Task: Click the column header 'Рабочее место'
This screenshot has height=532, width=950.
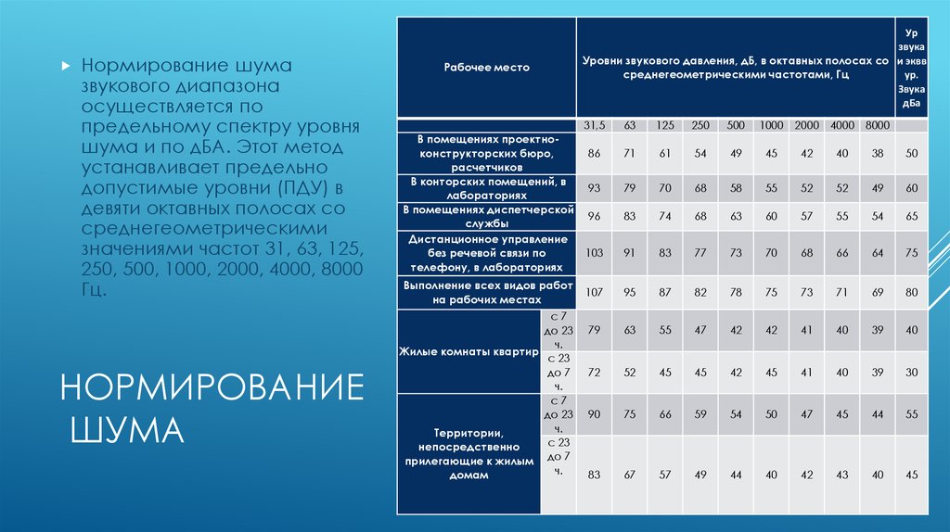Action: click(x=486, y=67)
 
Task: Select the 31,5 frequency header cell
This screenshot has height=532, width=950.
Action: click(x=594, y=125)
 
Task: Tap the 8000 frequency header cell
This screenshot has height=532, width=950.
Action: click(x=878, y=125)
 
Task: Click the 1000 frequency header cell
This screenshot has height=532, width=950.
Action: click(x=771, y=125)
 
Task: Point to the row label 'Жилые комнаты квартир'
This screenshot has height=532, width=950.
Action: click(x=469, y=351)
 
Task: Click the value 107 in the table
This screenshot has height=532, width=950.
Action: click(x=594, y=292)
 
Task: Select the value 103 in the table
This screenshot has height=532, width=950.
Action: click(x=594, y=253)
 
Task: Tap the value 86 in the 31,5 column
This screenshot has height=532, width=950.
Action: click(x=594, y=154)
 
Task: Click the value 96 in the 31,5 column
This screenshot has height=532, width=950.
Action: click(x=594, y=216)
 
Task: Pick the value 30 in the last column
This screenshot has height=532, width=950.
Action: click(x=912, y=373)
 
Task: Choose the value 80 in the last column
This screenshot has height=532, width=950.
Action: click(x=912, y=292)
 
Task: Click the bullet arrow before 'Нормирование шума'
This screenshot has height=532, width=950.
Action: click(x=66, y=66)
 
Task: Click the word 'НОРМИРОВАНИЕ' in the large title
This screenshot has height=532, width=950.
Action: click(x=212, y=387)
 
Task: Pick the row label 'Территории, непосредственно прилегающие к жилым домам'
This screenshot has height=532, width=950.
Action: click(x=469, y=454)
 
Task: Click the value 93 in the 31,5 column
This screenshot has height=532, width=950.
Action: click(x=594, y=188)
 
